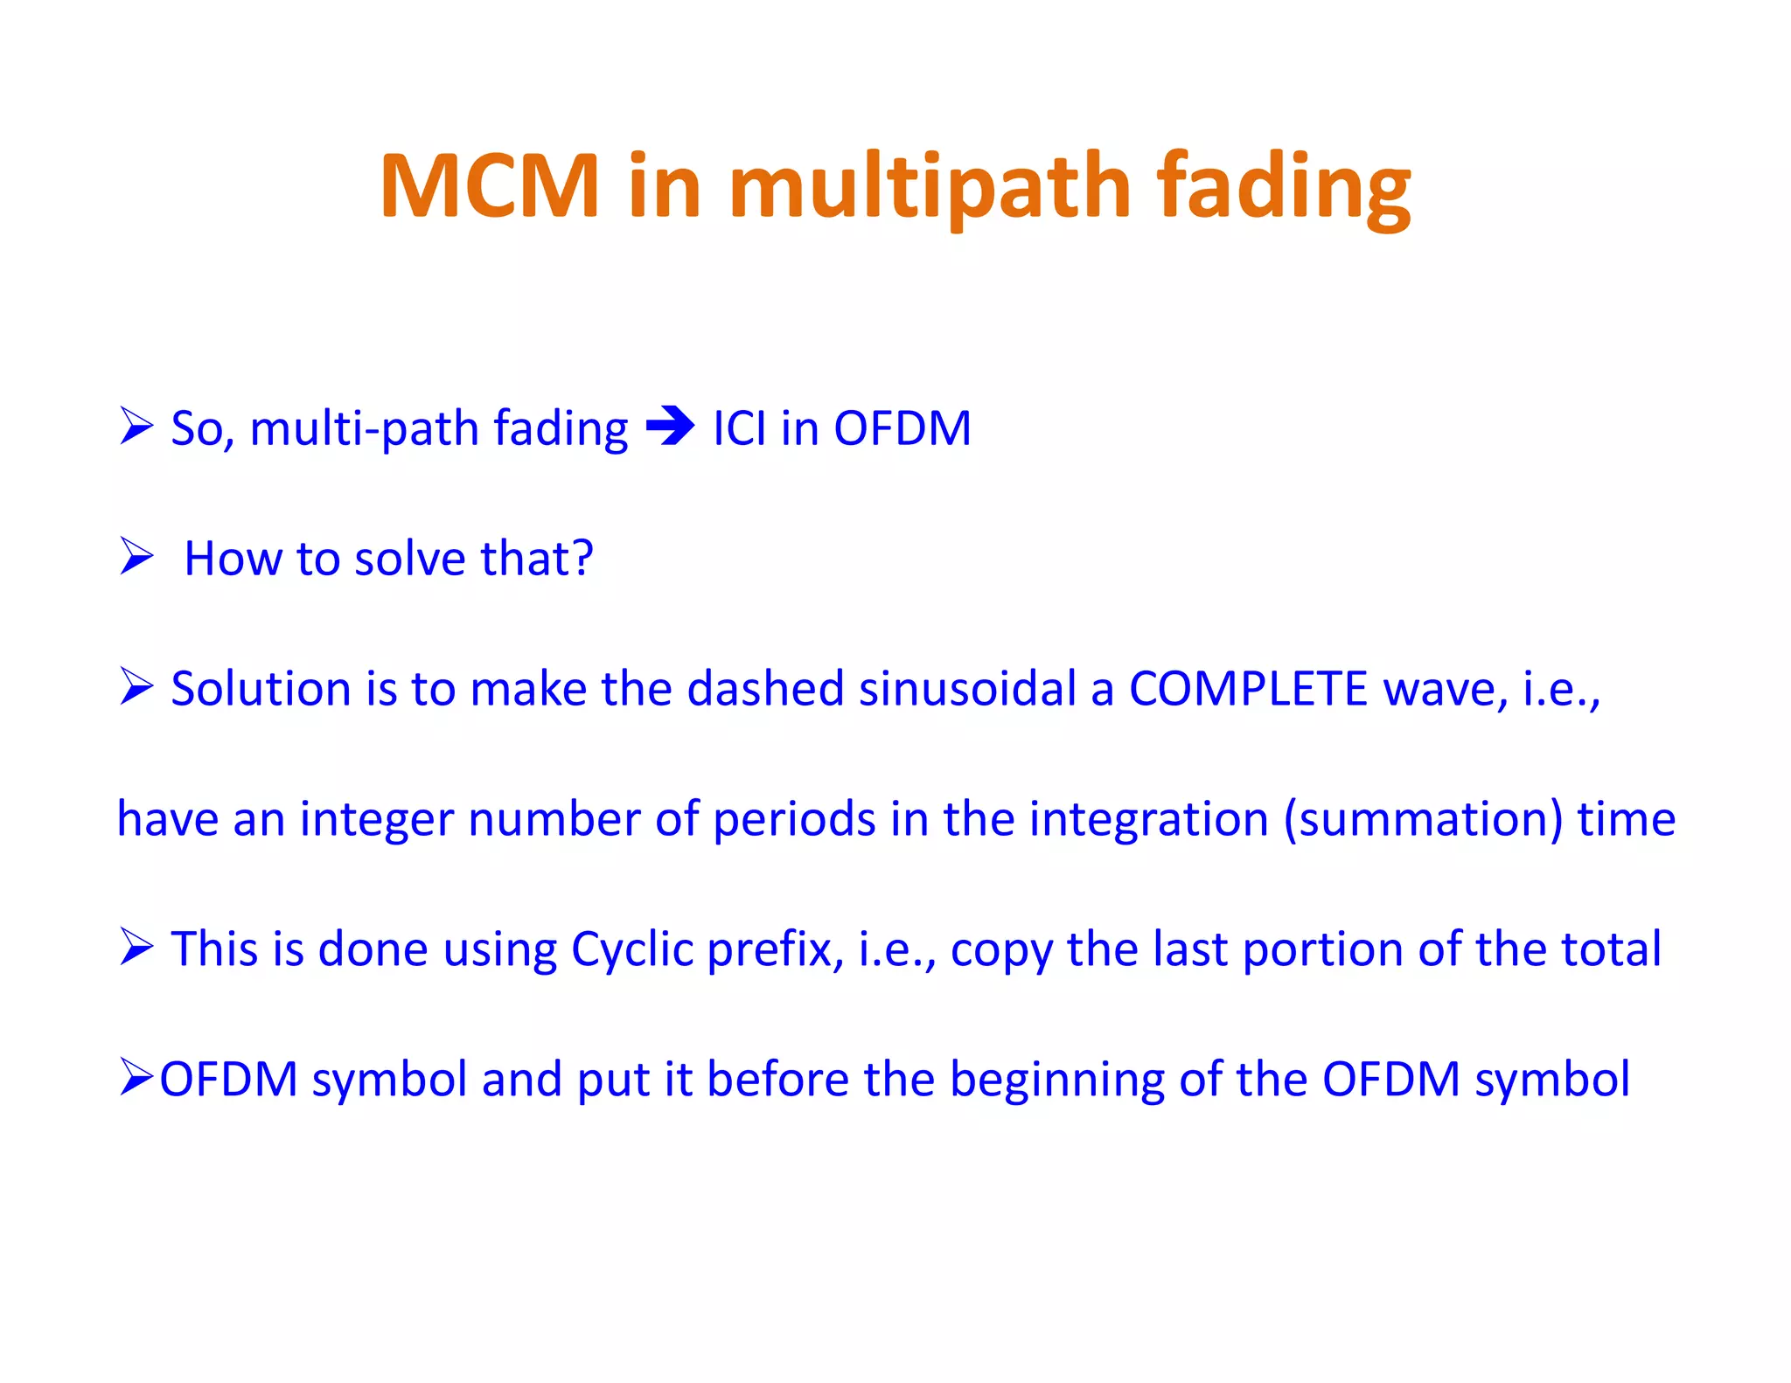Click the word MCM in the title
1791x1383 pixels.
[490, 185]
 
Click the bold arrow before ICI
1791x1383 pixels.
[670, 427]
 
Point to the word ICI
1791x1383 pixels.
[739, 428]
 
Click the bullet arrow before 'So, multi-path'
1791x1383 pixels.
[136, 427]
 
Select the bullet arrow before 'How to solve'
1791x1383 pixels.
[136, 557]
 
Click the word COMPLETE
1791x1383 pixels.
[1248, 688]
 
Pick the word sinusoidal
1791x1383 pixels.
[967, 688]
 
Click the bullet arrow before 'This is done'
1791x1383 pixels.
[136, 948]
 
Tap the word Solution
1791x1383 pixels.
[261, 688]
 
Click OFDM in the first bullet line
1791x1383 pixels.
[902, 428]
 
